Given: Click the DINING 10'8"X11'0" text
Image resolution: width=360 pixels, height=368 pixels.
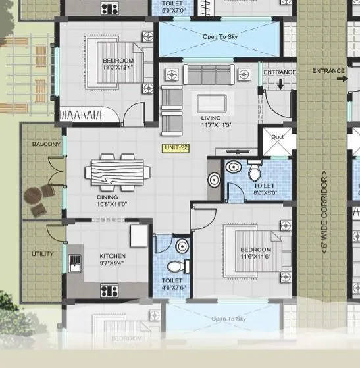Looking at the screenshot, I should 107,200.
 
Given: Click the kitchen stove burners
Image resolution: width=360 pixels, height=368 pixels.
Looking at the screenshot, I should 109,290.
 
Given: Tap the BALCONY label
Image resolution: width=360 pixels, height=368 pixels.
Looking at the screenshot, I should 46,144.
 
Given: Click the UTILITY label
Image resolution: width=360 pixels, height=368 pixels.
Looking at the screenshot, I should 42,253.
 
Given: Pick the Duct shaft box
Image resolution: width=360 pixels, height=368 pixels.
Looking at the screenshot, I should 276,140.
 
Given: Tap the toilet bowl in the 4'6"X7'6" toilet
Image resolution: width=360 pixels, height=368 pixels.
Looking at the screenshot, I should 174,266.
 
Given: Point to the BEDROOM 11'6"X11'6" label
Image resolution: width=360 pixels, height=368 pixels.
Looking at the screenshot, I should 255,253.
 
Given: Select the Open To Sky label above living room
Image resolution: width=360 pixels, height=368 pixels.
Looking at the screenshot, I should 219,36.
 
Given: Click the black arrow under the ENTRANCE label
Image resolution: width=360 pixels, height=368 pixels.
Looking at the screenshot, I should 281,84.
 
